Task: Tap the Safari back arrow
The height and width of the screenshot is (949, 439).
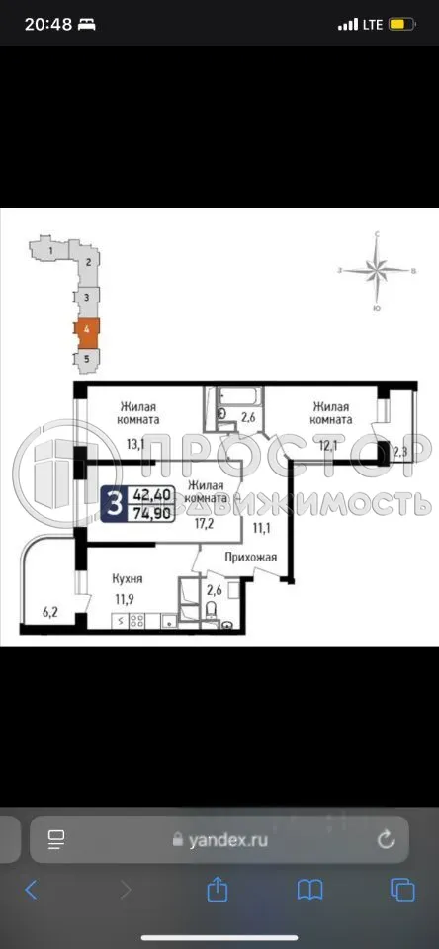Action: click(31, 890)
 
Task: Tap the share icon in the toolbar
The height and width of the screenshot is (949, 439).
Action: click(218, 890)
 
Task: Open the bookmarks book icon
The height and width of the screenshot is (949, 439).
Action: click(309, 890)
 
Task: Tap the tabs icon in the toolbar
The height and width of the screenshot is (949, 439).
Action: click(402, 890)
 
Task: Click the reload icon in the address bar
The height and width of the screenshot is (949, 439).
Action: click(386, 840)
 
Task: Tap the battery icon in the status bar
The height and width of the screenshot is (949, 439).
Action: click(402, 24)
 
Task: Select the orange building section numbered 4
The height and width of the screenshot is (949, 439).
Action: click(87, 328)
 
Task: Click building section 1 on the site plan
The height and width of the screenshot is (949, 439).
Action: click(48, 251)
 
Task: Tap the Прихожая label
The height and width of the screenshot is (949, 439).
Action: click(249, 558)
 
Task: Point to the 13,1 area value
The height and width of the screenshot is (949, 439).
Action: click(134, 443)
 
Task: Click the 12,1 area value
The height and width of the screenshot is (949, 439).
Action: click(327, 443)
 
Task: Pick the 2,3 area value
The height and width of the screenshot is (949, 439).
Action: click(400, 453)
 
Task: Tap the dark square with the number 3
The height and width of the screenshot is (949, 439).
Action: click(116, 504)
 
